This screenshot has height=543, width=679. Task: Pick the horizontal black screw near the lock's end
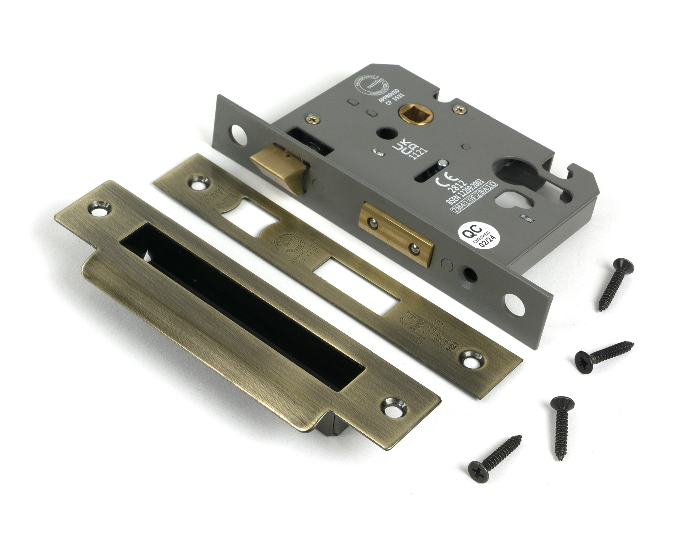coord(604,354)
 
